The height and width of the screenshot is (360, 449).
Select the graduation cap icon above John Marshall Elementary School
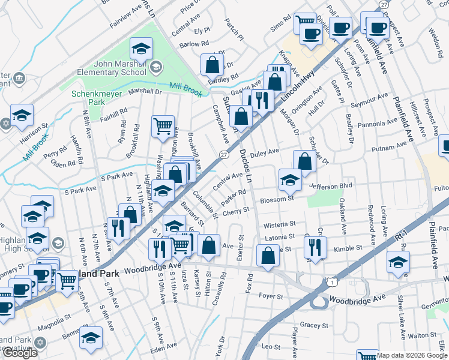tap(141, 49)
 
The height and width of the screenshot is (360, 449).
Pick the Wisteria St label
tap(280, 224)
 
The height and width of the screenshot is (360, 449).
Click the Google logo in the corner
tap(20, 352)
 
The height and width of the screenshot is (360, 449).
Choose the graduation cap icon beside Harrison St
tap(22, 115)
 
